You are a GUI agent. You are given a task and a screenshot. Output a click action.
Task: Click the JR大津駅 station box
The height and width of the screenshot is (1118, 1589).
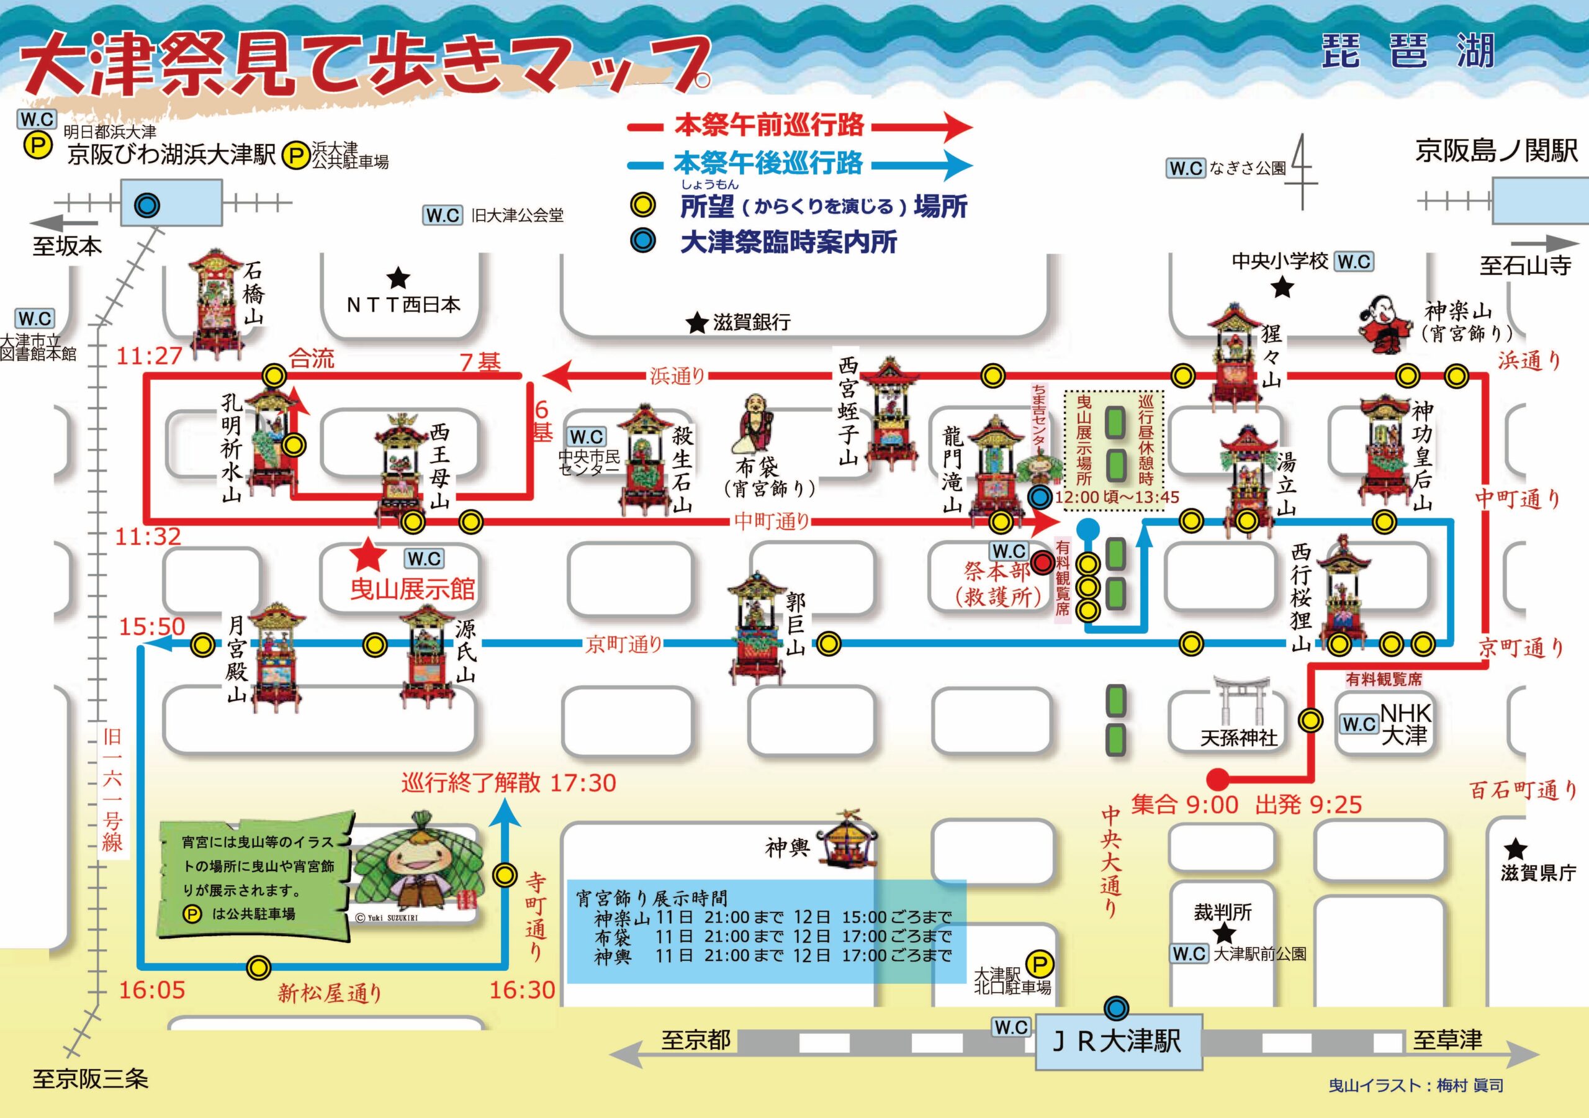click(1119, 1041)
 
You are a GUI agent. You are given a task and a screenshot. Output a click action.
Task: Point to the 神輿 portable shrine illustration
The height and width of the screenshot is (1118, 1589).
click(849, 847)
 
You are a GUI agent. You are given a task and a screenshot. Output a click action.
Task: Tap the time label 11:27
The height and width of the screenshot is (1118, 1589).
click(149, 356)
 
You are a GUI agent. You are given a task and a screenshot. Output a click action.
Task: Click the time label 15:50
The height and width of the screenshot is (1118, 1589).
click(152, 627)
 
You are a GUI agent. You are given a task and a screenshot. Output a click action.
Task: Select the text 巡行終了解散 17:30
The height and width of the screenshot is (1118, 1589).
click(509, 783)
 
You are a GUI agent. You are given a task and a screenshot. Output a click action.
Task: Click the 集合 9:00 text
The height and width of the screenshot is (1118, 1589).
click(1184, 805)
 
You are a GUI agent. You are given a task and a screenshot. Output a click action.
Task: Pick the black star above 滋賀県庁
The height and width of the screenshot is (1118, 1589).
click(1515, 849)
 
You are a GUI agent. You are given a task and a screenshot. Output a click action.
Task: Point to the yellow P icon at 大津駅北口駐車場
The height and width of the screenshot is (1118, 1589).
click(1039, 963)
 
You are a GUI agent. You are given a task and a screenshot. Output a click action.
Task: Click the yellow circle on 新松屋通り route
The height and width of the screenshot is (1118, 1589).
click(259, 967)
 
